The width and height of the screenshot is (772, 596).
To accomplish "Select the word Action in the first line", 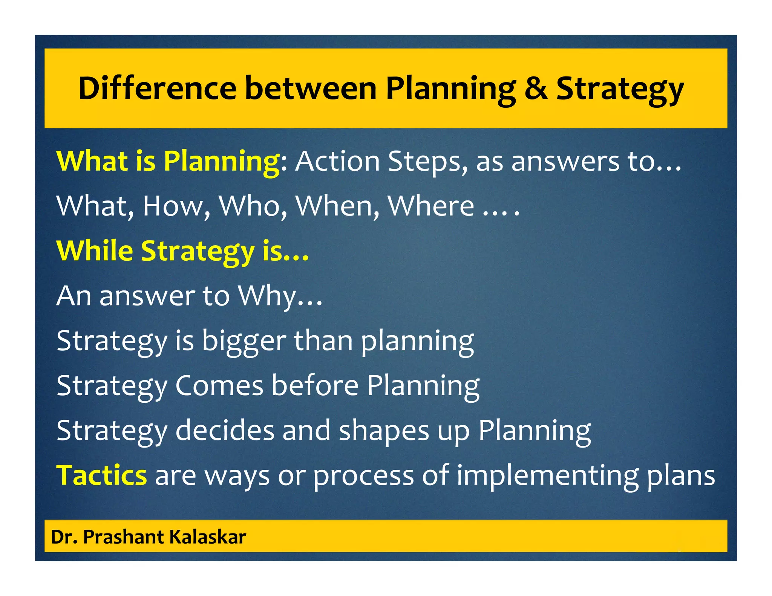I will point(337,161).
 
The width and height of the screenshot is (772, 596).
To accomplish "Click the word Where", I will point(431,206).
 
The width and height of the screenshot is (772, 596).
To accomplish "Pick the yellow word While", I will point(95,251).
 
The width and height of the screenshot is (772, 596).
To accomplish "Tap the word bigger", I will point(244,341).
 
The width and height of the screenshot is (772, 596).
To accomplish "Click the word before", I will point(315,386).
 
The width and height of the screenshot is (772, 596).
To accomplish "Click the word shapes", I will point(384,431).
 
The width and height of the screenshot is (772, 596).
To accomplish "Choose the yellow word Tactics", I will point(101,475).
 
